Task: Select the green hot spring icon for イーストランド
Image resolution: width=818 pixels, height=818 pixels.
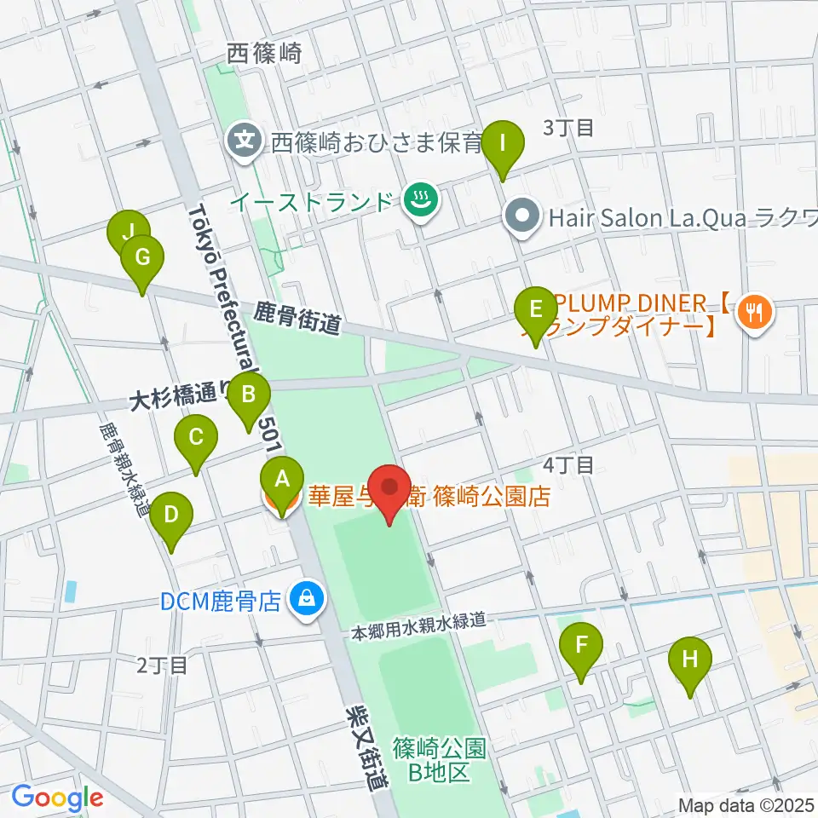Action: tap(420, 201)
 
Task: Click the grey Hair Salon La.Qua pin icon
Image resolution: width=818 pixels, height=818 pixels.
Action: tap(524, 217)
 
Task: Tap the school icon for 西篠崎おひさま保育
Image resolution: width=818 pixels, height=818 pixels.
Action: tap(245, 139)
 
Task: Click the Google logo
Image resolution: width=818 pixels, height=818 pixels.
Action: tap(57, 798)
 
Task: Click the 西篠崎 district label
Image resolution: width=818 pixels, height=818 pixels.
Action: tap(265, 55)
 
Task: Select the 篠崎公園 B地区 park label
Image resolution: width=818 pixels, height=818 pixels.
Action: tap(440, 760)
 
